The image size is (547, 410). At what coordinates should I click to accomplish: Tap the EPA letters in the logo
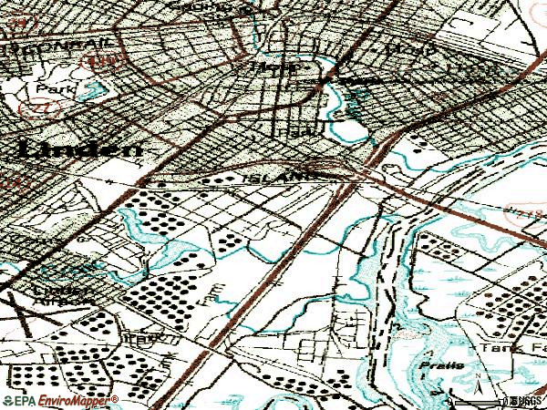20,400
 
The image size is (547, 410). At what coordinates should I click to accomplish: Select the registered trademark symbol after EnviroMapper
116,397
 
